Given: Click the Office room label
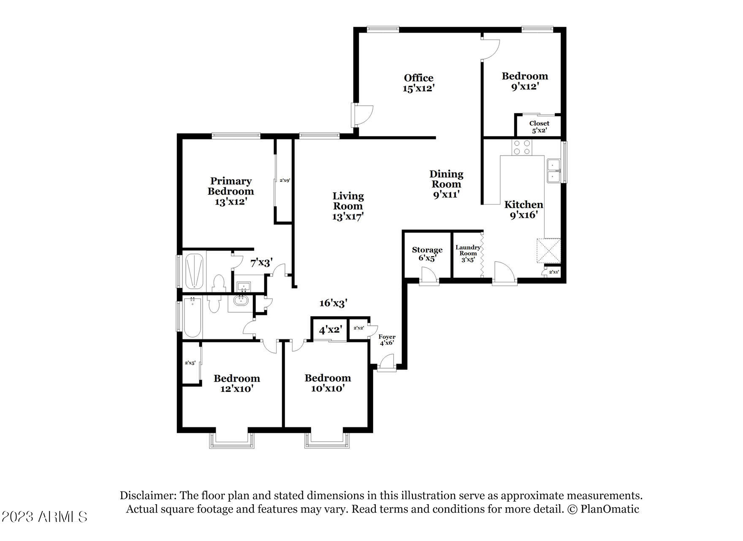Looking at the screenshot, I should pyautogui.click(x=418, y=83).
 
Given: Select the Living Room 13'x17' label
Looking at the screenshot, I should pyautogui.click(x=348, y=206).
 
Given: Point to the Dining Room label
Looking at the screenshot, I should pyautogui.click(x=446, y=184).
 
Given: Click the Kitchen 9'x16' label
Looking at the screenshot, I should pyautogui.click(x=523, y=210).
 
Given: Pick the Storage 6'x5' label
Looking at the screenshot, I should pyautogui.click(x=427, y=254).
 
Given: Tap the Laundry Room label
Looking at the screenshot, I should pyautogui.click(x=468, y=253).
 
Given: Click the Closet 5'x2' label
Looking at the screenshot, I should pyautogui.click(x=539, y=127).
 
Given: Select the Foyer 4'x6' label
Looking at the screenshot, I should pyautogui.click(x=387, y=340).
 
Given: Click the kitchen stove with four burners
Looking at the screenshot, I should pyautogui.click(x=522, y=147).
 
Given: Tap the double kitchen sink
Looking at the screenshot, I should pyautogui.click(x=553, y=170).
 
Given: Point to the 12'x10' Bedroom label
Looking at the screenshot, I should pyautogui.click(x=236, y=383).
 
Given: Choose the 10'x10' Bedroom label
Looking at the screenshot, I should pyautogui.click(x=328, y=383).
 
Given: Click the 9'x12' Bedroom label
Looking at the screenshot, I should pyautogui.click(x=525, y=81).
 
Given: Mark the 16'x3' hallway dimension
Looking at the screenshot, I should pyautogui.click(x=333, y=303).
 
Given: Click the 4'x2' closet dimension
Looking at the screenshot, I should pyautogui.click(x=330, y=330).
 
